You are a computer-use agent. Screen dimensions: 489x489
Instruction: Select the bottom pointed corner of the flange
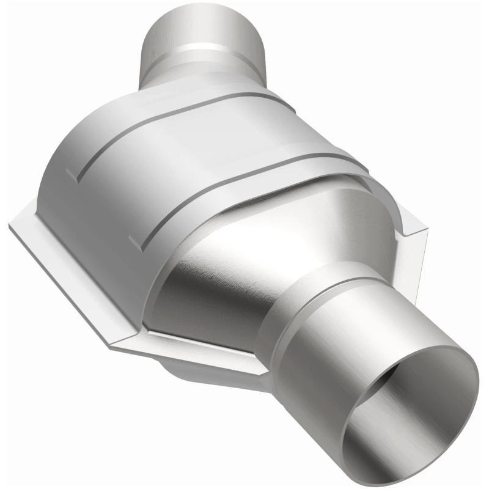110,348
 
